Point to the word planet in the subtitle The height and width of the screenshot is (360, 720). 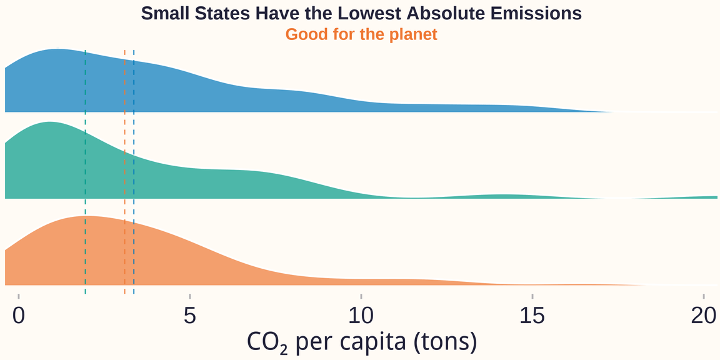(413, 34)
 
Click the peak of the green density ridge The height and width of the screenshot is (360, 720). (48, 123)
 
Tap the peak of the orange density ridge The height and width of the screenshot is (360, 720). (87, 217)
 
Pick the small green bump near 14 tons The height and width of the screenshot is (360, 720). (500, 196)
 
